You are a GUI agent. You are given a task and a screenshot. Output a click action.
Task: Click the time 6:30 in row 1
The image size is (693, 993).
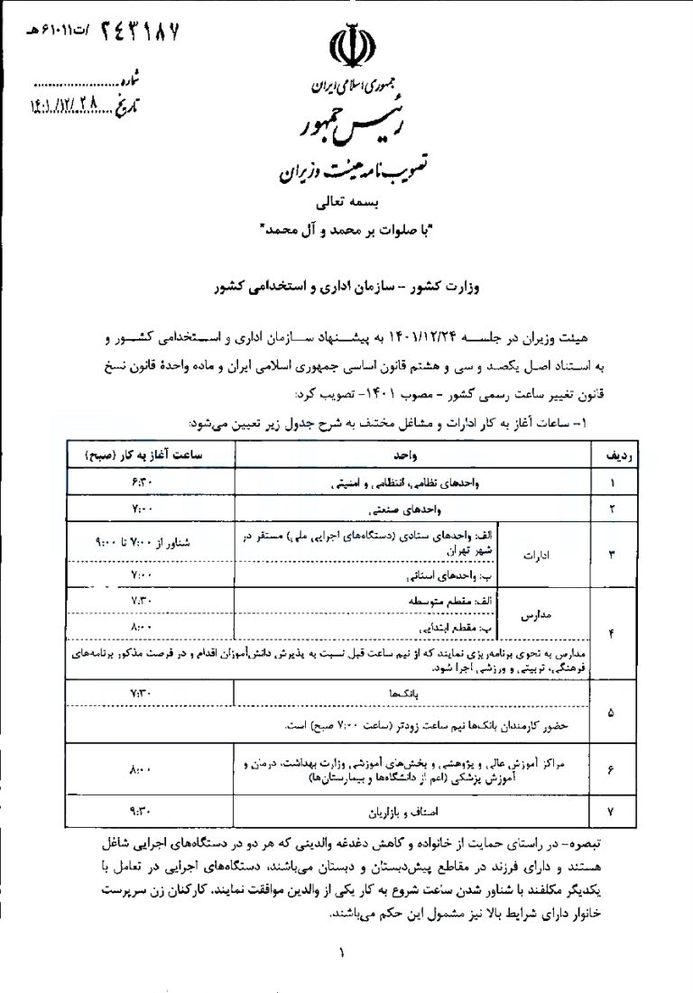(143, 483)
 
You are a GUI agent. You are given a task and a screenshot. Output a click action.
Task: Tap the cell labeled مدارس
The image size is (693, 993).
(535, 612)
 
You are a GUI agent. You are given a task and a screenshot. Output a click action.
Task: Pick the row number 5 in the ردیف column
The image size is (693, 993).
(614, 712)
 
